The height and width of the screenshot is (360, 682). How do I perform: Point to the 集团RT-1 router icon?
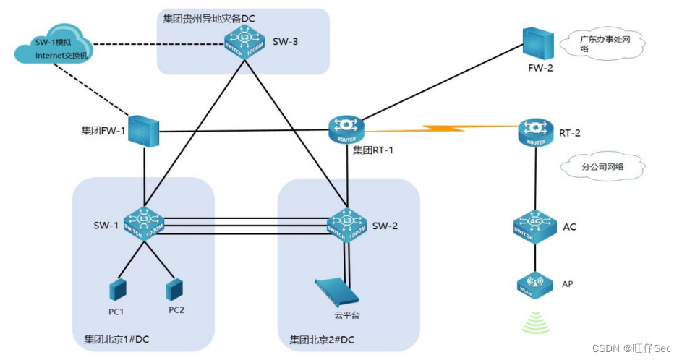349,129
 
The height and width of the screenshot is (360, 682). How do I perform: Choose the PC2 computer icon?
174,290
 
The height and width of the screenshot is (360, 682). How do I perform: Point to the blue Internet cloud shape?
51,49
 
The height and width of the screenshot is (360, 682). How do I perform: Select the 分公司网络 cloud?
602,166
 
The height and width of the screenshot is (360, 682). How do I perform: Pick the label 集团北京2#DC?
323,339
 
